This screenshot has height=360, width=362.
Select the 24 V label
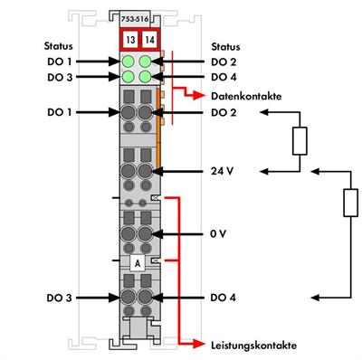222,171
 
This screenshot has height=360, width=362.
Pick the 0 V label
217,233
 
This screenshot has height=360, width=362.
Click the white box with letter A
137,262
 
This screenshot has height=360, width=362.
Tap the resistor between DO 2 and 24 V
299,141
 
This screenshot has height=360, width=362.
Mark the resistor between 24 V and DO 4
348,203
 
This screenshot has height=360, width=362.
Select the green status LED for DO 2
146,62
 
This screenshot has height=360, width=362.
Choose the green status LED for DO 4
146,78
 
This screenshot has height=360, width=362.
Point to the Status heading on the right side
225,44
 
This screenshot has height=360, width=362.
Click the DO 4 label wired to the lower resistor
224,297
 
